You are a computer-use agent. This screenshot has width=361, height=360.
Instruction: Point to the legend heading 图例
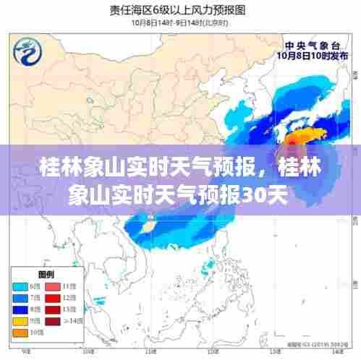[46, 274]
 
